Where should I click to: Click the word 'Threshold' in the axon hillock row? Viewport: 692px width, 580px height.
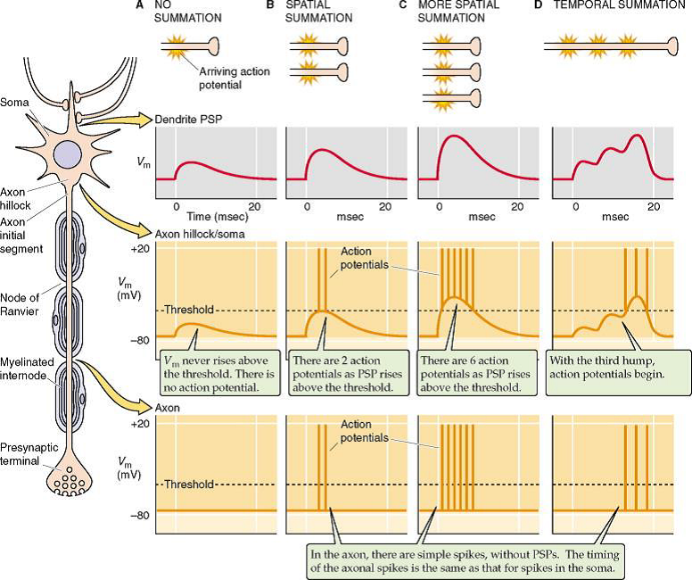189,310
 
